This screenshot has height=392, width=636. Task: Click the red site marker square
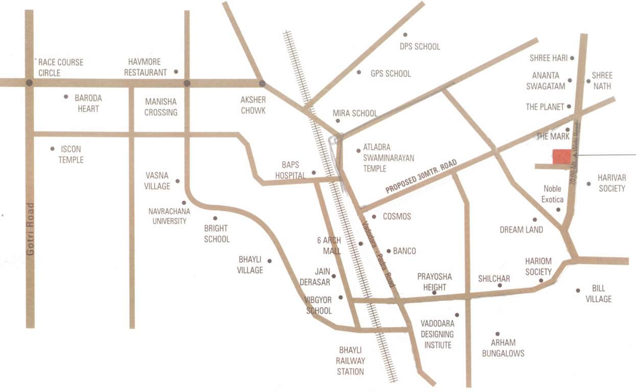[x=563, y=157]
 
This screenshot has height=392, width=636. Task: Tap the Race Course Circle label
[x=60, y=67]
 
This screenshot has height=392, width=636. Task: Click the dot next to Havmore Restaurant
[x=176, y=71]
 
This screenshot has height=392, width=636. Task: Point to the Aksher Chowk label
[x=253, y=105]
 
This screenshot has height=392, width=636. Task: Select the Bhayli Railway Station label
[x=350, y=361]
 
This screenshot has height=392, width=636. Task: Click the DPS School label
[x=419, y=46]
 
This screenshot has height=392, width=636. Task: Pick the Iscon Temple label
[x=70, y=154]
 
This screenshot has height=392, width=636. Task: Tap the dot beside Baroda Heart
[x=66, y=96]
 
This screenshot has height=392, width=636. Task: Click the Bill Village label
[x=598, y=294]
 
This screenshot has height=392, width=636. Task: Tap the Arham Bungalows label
[x=503, y=348]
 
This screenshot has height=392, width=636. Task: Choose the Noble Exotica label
[x=553, y=193]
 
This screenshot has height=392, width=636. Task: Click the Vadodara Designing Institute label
[x=437, y=334]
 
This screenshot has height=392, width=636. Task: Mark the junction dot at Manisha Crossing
[x=187, y=83]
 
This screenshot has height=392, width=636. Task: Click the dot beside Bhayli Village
[x=270, y=261]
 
